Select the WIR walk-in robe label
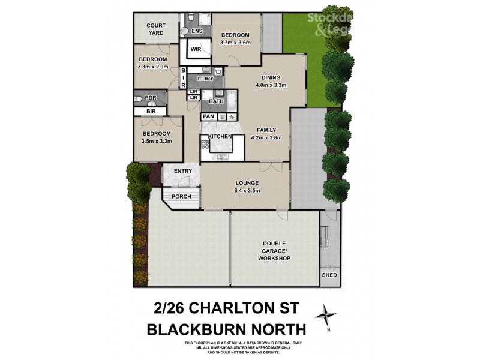click(x=196, y=49)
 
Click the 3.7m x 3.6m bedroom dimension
click(x=237, y=43)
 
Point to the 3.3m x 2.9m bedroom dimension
click(x=153, y=67)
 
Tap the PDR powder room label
click(x=151, y=98)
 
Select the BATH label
click(x=216, y=101)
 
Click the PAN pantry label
click(x=209, y=116)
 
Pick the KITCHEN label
click(x=220, y=137)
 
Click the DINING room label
click(x=271, y=77)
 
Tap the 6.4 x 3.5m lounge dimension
click(x=247, y=191)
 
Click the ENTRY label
click(x=182, y=172)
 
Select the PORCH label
click(x=181, y=196)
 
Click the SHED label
click(x=329, y=275)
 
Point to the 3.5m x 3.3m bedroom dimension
click(x=157, y=142)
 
